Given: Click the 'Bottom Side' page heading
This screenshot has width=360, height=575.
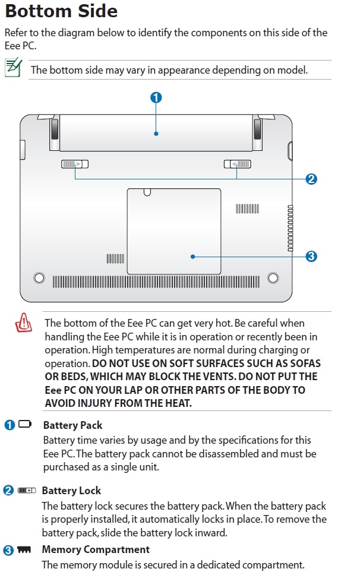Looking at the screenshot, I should point(61,11).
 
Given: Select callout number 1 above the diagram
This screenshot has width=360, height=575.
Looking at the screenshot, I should point(156,97).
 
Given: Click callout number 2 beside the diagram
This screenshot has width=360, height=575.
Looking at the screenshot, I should point(311,179).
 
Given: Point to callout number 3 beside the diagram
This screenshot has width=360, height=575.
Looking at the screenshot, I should point(311,257).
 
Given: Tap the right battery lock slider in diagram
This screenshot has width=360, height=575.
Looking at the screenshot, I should point(237,164).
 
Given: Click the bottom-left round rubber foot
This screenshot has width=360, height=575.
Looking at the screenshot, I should point(39,277).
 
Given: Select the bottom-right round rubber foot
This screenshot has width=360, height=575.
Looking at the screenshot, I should point(273,277).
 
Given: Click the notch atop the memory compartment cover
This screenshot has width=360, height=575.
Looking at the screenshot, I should point(148,192).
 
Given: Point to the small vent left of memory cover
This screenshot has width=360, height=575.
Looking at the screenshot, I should point(115,258).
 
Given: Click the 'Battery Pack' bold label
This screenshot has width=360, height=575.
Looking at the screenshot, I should point(72,425).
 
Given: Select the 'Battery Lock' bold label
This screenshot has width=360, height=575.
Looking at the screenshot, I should point(71,491).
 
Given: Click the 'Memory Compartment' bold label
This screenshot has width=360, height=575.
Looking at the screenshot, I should point(96,549).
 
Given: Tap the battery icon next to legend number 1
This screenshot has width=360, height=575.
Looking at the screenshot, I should point(25,425).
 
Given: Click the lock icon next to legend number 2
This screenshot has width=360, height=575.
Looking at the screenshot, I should point(27,491).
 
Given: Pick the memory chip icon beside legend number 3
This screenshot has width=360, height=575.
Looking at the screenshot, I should point(24,550).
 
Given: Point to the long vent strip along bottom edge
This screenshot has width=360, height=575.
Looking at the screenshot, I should point(156,281).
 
